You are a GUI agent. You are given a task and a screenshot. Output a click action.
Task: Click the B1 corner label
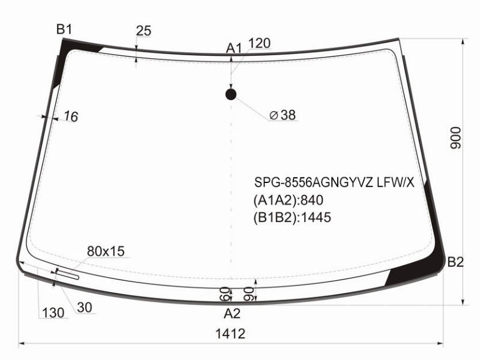tap(64, 29)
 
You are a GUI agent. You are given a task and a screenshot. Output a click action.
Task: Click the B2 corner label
tap(455, 262)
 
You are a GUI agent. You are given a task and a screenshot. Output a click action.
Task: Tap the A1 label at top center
tap(234, 49)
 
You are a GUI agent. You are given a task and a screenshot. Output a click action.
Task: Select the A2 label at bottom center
tap(232, 313)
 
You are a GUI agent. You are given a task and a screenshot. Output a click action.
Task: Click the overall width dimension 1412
tap(230, 334)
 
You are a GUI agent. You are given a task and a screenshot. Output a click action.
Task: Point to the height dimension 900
tap(455, 138)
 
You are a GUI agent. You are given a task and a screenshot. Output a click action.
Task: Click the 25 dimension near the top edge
tap(143, 31)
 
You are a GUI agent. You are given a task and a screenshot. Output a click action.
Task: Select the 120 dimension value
tap(259, 43)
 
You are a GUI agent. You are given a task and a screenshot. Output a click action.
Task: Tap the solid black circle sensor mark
tap(231, 95)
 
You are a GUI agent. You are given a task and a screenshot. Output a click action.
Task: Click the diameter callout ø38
tap(283, 115)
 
